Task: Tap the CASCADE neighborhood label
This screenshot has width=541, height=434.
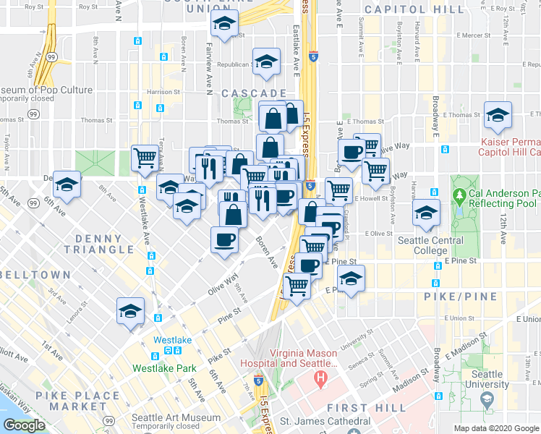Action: point(255,94)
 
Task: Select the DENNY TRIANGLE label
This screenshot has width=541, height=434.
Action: point(98,244)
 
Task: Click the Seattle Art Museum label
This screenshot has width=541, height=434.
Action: point(176,418)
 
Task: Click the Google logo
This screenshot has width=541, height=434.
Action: point(24,425)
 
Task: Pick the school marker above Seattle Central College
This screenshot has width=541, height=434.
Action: point(426,212)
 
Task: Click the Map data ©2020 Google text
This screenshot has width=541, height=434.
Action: point(496,428)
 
